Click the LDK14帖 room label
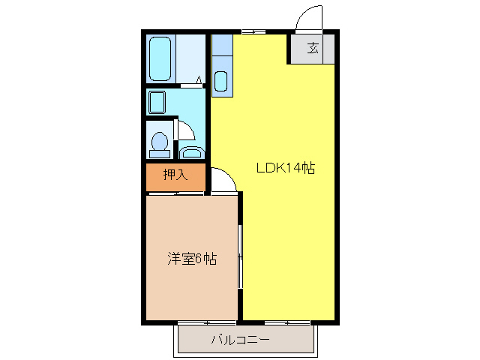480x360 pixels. [x=285, y=169]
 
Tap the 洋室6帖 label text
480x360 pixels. [x=192, y=259]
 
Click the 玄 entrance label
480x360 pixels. [x=313, y=49]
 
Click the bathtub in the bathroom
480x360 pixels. [x=160, y=58]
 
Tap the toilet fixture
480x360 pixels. [x=159, y=142]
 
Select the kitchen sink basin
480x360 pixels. [x=221, y=81]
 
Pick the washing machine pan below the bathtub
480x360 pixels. [x=157, y=101]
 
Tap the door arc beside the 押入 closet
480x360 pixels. [x=223, y=180]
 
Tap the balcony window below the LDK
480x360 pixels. [x=287, y=323]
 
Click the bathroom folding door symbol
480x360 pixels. [x=199, y=79]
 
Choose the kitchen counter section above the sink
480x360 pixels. [x=222, y=49]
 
